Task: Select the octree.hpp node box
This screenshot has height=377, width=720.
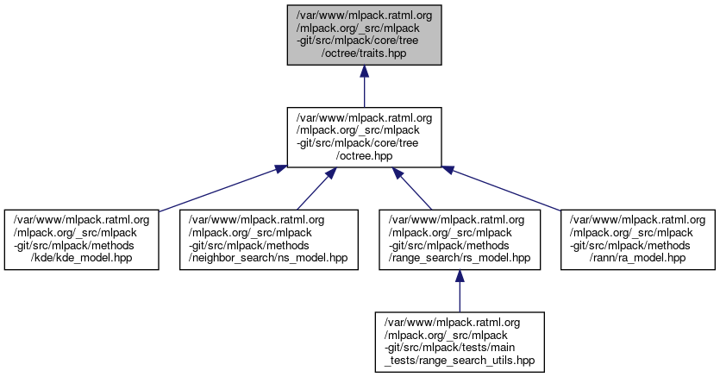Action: click(364, 136)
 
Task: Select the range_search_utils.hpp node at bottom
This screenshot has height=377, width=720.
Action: click(459, 342)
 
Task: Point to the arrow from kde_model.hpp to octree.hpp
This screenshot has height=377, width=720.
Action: click(216, 187)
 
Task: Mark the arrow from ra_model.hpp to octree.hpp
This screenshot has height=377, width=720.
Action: click(509, 187)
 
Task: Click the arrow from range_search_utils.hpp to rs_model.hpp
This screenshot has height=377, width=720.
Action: click(459, 291)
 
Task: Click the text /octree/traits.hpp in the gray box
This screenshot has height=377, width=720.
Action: click(364, 53)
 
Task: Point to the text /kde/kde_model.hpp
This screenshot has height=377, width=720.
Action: click(82, 258)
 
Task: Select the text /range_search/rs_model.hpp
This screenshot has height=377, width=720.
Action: click(459, 258)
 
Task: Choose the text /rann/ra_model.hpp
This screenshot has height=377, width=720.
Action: click(639, 258)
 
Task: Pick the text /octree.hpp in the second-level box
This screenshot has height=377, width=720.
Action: click(364, 156)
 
